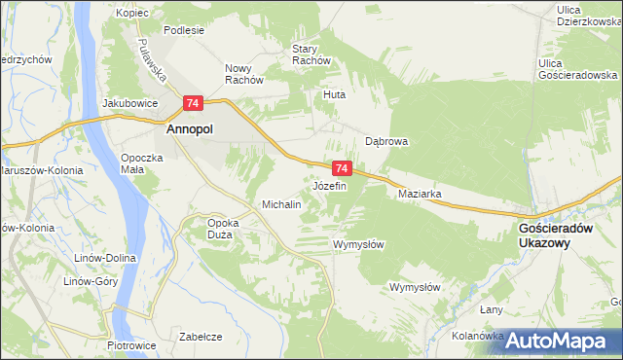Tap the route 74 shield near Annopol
pyautogui.click(x=193, y=103)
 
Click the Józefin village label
pyautogui.click(x=329, y=185)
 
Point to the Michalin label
pyautogui.click(x=281, y=205)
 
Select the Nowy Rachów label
pyautogui.click(x=245, y=74)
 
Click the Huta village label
pyautogui.click(x=335, y=95)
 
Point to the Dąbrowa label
pyautogui.click(x=386, y=141)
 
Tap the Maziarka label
pyautogui.click(x=421, y=194)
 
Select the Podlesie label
pyautogui.click(x=184, y=30)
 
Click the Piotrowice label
pyautogui.click(x=126, y=344)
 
